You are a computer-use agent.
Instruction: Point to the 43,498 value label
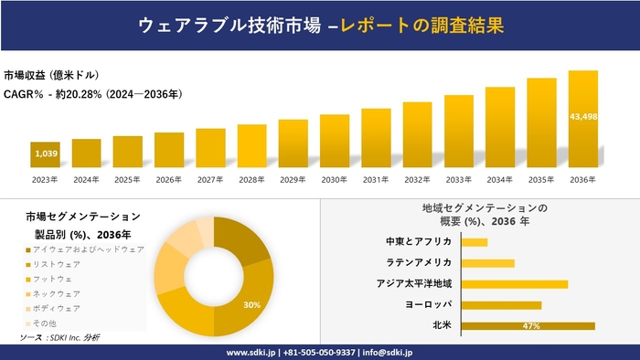583,117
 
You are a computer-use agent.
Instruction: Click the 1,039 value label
46,154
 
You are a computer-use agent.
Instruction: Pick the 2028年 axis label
251,180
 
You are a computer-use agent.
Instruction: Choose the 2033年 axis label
459,180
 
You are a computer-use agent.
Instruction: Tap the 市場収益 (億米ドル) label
51,75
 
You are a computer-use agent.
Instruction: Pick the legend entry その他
45,323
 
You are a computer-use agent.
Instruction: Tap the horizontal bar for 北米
528,325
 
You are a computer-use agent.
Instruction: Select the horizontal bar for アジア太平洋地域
515,283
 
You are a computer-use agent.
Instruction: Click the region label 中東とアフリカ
420,242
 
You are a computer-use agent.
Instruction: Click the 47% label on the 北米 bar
528,325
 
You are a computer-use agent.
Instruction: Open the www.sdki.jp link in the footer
253,352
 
